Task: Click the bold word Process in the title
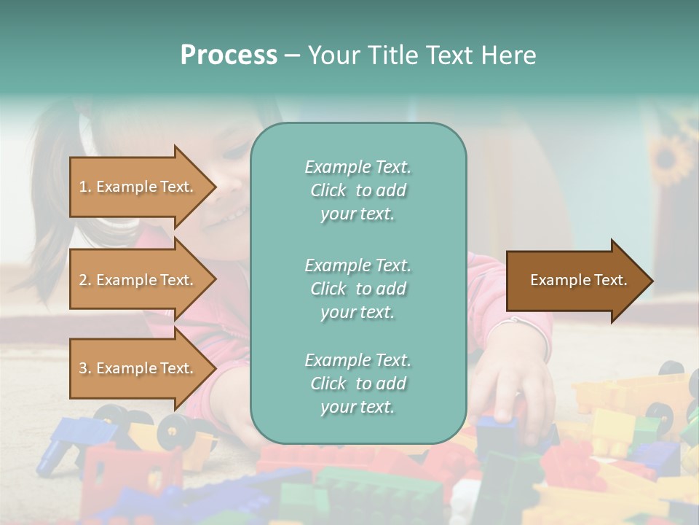[x=229, y=55]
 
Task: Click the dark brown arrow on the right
[x=578, y=281]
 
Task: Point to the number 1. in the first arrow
[x=85, y=187]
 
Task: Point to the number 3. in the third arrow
[x=85, y=368]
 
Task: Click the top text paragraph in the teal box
[x=358, y=190]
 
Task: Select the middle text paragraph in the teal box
[x=358, y=289]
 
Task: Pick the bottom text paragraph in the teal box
[x=358, y=384]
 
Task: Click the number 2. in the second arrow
[x=85, y=280]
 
